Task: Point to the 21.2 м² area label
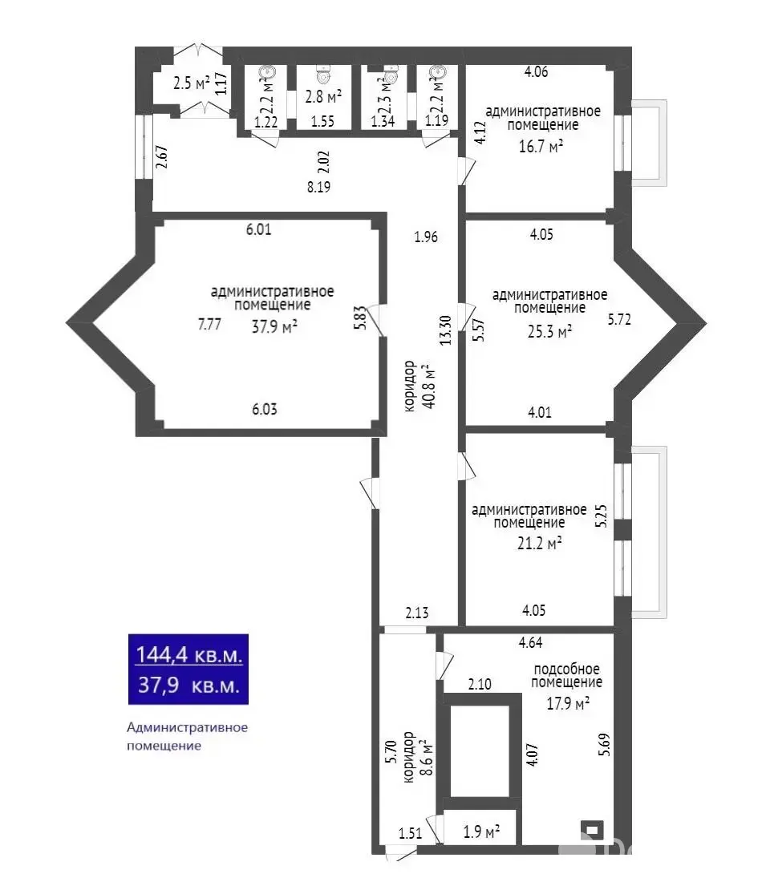click(x=539, y=543)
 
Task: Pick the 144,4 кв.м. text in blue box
click(x=188, y=655)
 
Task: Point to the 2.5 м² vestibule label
click(x=192, y=83)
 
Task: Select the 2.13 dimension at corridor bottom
click(x=417, y=613)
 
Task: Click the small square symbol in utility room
click(x=592, y=830)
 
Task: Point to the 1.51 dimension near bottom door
click(x=411, y=831)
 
